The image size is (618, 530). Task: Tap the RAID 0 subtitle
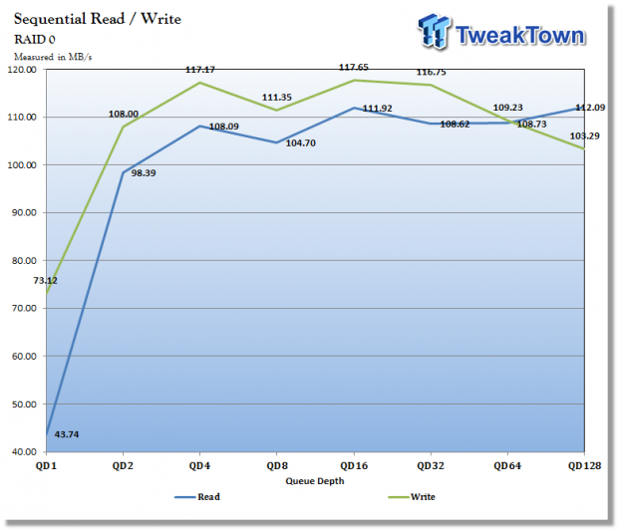tap(35, 40)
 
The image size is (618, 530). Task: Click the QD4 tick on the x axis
tap(198, 464)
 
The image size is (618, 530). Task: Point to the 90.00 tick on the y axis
tap(22, 212)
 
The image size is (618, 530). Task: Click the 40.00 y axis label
tap(22, 451)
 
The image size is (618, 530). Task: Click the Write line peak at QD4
tap(198, 83)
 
